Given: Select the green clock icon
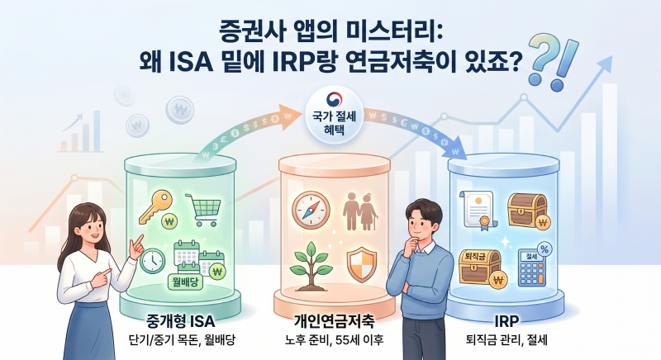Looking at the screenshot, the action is pyautogui.click(x=152, y=261).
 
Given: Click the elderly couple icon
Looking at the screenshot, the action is pyautogui.click(x=358, y=208).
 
